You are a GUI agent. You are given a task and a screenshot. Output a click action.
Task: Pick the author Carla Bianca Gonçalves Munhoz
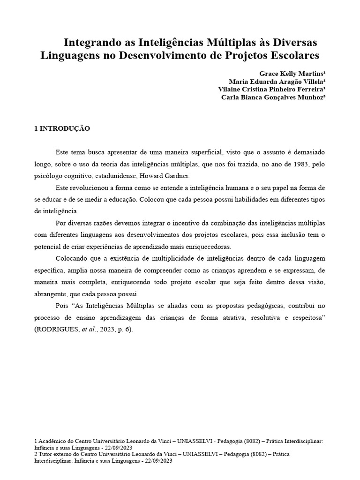coord(273,97)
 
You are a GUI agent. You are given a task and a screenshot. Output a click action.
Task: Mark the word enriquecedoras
coord(208,247)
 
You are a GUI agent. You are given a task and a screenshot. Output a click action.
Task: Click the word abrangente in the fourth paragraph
coord(52,294)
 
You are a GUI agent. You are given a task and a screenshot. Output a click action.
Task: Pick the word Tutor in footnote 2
coord(46,454)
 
